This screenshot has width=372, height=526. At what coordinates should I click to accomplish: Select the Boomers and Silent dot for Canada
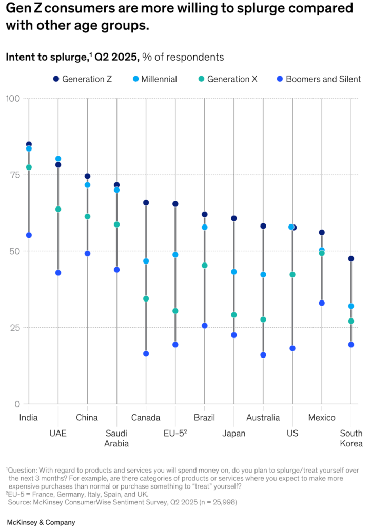point(146,354)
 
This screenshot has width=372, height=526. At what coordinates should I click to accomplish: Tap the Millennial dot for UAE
point(58,159)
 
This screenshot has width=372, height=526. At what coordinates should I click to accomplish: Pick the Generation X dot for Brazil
point(205,266)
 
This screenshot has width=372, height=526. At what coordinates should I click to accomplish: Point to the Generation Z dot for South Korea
point(351,259)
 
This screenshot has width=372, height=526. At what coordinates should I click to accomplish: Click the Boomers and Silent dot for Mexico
point(322,303)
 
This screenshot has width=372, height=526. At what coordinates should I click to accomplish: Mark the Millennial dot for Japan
point(234,272)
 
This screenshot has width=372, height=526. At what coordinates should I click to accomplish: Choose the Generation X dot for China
point(88,217)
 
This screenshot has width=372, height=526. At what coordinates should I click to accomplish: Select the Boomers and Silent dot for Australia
point(263,355)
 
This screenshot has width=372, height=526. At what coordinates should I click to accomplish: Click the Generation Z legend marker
point(55,79)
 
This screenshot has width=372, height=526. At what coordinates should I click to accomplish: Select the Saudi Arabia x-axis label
point(117,438)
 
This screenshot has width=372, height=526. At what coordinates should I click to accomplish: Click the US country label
point(292,434)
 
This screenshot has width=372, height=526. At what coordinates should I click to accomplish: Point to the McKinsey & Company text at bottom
point(41,522)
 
